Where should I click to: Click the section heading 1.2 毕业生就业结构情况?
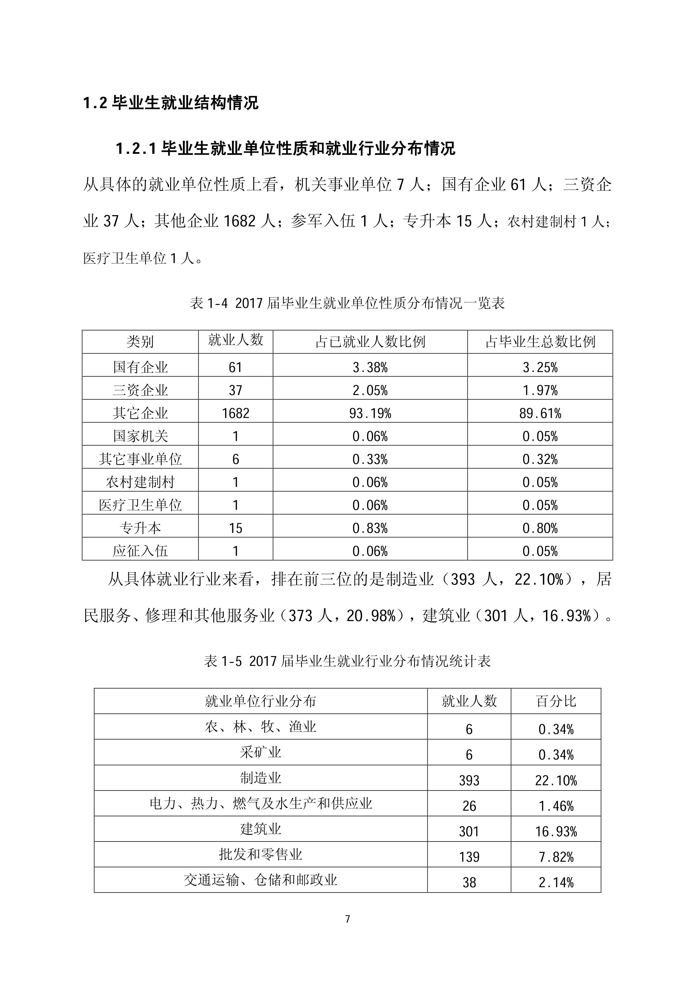170,103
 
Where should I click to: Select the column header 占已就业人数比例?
370,342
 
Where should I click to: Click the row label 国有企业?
140,367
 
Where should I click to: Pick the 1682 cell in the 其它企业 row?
235,413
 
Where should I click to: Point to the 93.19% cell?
370,413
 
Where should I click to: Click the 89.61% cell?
540,413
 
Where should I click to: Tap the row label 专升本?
140,528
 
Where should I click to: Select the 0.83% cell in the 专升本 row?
370,528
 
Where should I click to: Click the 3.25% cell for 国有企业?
540,367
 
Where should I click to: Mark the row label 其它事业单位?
140,459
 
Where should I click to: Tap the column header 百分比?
556,701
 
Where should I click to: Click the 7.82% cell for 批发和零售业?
556,857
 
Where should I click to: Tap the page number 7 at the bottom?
347,919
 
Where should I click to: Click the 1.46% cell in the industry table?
556,806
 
